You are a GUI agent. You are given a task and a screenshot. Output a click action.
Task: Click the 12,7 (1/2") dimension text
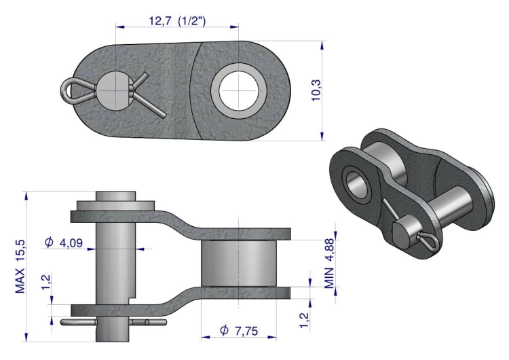click(x=177, y=20)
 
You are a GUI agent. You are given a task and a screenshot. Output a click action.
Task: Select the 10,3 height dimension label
click(x=316, y=90)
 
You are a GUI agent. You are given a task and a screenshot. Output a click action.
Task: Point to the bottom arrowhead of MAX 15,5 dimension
click(x=26, y=338)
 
